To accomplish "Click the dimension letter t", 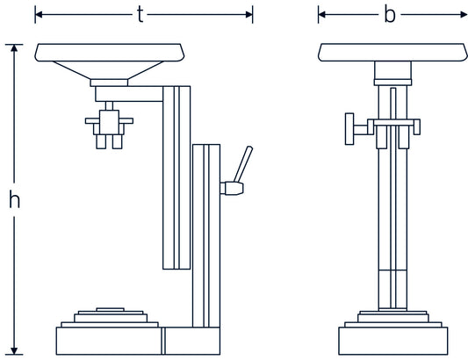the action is (x=140, y=15).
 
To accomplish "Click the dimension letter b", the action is (x=390, y=15).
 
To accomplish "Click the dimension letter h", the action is (x=14, y=199).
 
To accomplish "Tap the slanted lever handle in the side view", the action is (x=243, y=164).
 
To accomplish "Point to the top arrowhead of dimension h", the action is (x=14, y=48).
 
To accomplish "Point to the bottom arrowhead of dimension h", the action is (x=14, y=351).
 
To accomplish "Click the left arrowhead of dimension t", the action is (x=39, y=14).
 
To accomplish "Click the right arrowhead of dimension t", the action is (x=249, y=14).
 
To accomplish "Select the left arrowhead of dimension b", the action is (x=321, y=14).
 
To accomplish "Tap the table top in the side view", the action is (x=110, y=53).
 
